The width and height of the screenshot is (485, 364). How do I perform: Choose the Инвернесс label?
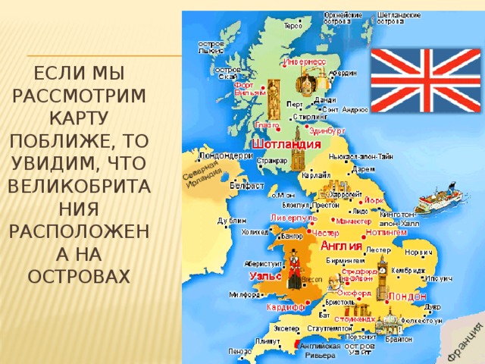(x=305, y=61)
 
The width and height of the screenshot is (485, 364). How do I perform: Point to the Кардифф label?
(x=285, y=308)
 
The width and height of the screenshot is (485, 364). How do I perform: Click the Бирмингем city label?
(x=345, y=260)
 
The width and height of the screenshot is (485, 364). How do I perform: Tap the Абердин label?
(x=343, y=73)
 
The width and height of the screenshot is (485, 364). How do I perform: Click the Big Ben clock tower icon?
(x=383, y=278)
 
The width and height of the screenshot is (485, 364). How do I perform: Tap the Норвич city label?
(x=419, y=251)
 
